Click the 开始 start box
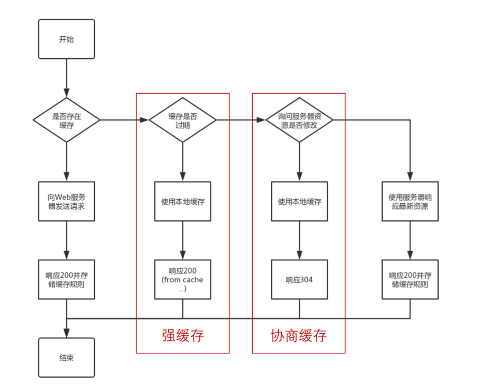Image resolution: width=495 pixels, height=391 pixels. pos(66,39)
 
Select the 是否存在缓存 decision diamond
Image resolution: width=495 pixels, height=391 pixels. pos(66,120)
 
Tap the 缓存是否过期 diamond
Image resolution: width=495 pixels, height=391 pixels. pos(183,120)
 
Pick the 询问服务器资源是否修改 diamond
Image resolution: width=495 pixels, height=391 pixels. pos(299,120)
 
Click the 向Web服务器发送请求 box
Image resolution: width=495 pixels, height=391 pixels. pos(66,201)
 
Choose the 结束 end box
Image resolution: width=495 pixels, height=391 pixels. pos(66,357)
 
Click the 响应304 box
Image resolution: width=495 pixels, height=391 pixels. pos(299,279)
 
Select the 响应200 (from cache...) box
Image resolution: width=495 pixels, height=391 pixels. pos(183,279)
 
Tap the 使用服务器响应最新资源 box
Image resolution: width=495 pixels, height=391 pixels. pos(410,201)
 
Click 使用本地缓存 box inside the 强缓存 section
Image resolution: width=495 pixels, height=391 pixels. pos(183,201)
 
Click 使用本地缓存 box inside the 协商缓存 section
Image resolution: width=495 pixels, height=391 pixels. pos(299,201)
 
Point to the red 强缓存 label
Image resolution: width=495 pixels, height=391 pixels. pos(183,336)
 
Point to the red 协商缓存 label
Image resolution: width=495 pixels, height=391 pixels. pos(299,336)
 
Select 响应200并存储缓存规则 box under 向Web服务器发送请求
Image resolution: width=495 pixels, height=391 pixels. pos(66,279)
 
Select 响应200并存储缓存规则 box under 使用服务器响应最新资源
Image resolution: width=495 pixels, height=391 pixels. pos(410,279)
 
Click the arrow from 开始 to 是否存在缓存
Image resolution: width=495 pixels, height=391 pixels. pos(66,78)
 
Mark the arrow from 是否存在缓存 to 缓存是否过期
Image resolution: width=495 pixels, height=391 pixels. pos(124,120)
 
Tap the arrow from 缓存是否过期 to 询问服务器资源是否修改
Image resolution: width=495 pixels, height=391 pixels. pos(241,120)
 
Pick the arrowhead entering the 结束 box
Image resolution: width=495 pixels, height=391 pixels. pos(66,334)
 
